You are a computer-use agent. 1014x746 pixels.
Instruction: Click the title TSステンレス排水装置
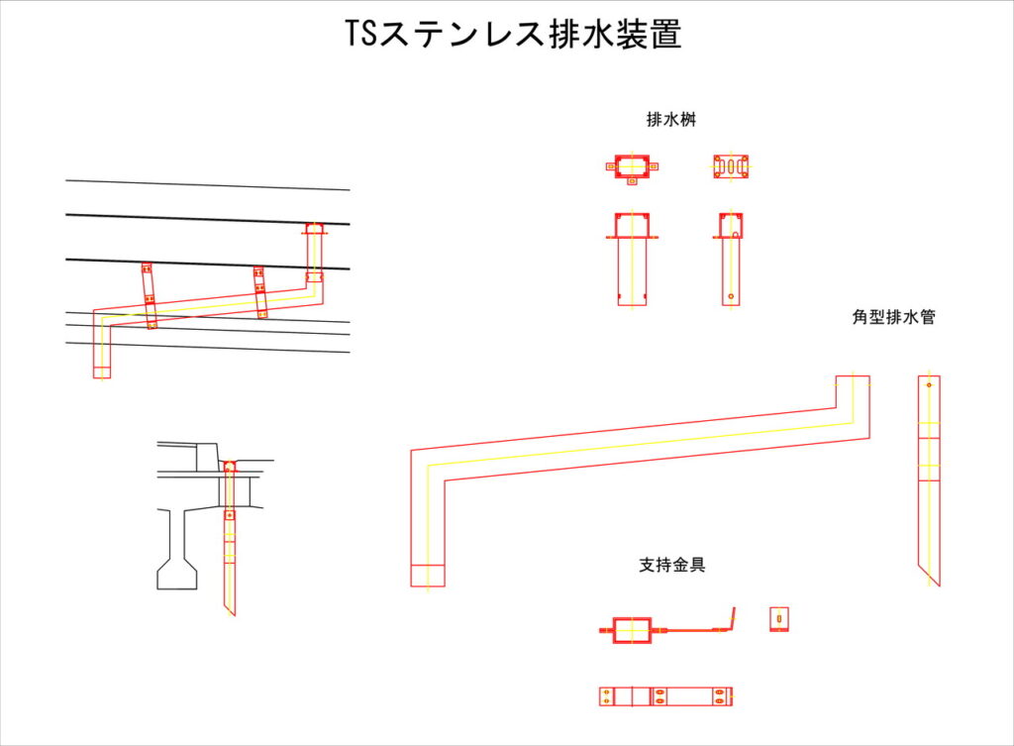[x=513, y=35]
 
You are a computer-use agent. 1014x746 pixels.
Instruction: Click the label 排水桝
[x=673, y=121]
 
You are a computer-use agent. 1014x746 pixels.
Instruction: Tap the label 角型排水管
[x=894, y=318]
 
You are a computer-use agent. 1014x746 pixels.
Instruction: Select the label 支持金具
[x=671, y=566]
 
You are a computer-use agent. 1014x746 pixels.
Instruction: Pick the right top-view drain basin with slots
[x=731, y=166]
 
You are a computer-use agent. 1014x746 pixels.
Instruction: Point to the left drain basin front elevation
[x=631, y=258]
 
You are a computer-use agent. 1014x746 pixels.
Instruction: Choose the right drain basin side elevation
[x=731, y=258]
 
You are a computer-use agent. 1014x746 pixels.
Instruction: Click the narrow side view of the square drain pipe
[x=929, y=476]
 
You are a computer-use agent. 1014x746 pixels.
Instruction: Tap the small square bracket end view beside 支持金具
[x=779, y=619]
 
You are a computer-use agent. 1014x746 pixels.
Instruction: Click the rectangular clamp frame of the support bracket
[x=632, y=629]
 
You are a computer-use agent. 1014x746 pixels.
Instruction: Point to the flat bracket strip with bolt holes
[x=665, y=695]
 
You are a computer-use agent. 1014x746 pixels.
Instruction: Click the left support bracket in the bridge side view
[x=149, y=295]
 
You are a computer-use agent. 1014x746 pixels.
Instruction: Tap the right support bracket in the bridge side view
[x=259, y=291]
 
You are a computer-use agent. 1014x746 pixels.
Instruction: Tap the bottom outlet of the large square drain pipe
[x=428, y=575]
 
